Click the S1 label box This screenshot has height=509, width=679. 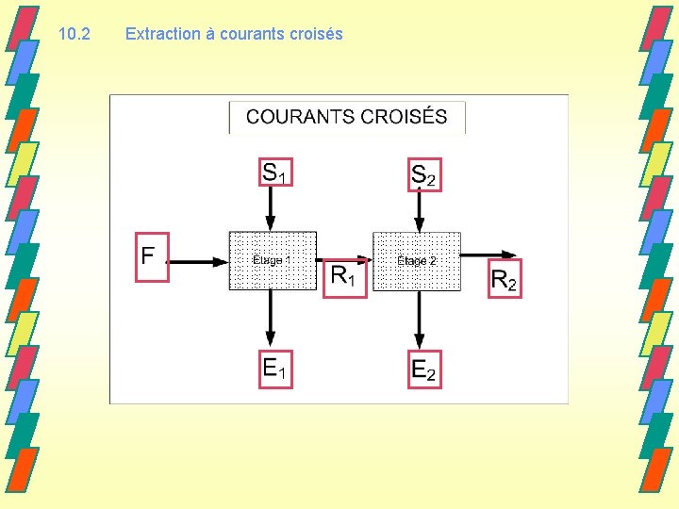click(x=275, y=173)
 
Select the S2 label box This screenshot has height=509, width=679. click(x=424, y=174)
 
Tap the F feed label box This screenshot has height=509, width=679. click(x=152, y=256)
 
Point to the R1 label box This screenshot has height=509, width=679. click(x=344, y=276)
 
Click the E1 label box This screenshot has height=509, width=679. click(x=274, y=369)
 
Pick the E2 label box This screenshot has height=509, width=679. click(x=424, y=369)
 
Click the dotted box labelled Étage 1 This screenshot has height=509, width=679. click(x=273, y=260)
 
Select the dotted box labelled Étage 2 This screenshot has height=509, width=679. click(x=417, y=260)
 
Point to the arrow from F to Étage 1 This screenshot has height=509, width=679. click(x=198, y=260)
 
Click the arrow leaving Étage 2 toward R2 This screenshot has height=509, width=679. click(x=490, y=254)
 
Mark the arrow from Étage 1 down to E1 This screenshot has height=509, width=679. click(x=271, y=319)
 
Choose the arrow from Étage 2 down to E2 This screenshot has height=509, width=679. click(x=419, y=319)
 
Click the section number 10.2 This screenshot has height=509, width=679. click(x=74, y=34)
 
